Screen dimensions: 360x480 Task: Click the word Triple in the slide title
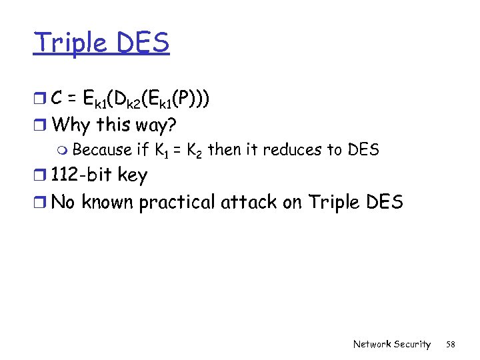pyautogui.click(x=69, y=43)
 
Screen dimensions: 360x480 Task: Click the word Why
pyautogui.click(x=71, y=124)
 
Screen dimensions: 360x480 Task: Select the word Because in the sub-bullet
pyautogui.click(x=103, y=150)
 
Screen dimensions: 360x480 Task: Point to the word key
pyautogui.click(x=132, y=176)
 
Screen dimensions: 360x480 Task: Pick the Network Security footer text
pyautogui.click(x=392, y=344)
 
